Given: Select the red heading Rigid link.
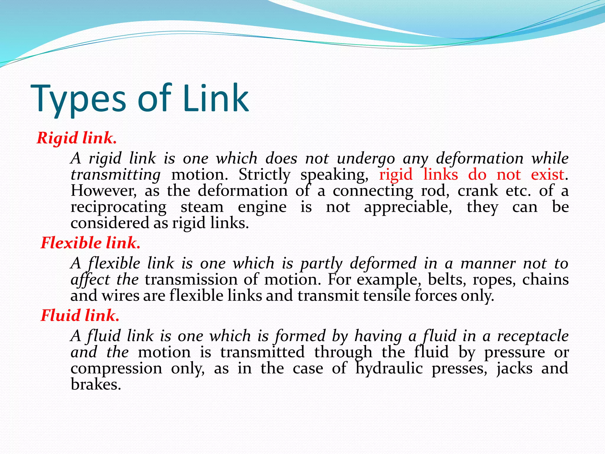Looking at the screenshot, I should (77, 138).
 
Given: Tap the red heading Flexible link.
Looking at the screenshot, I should (90, 243).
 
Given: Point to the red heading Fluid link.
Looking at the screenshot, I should (80, 315).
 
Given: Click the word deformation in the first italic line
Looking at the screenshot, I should (479, 158).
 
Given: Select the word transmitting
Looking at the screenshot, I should (116, 175).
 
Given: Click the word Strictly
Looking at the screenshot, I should (264, 175).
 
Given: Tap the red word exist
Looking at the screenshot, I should (547, 174).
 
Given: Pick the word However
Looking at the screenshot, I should (104, 191).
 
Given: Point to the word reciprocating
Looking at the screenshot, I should (118, 207).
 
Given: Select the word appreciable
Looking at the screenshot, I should (408, 207).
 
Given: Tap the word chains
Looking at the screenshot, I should (545, 280).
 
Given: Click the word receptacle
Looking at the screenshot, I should (533, 336).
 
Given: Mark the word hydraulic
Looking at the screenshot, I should (389, 369).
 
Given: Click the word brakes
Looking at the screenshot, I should (96, 385).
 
